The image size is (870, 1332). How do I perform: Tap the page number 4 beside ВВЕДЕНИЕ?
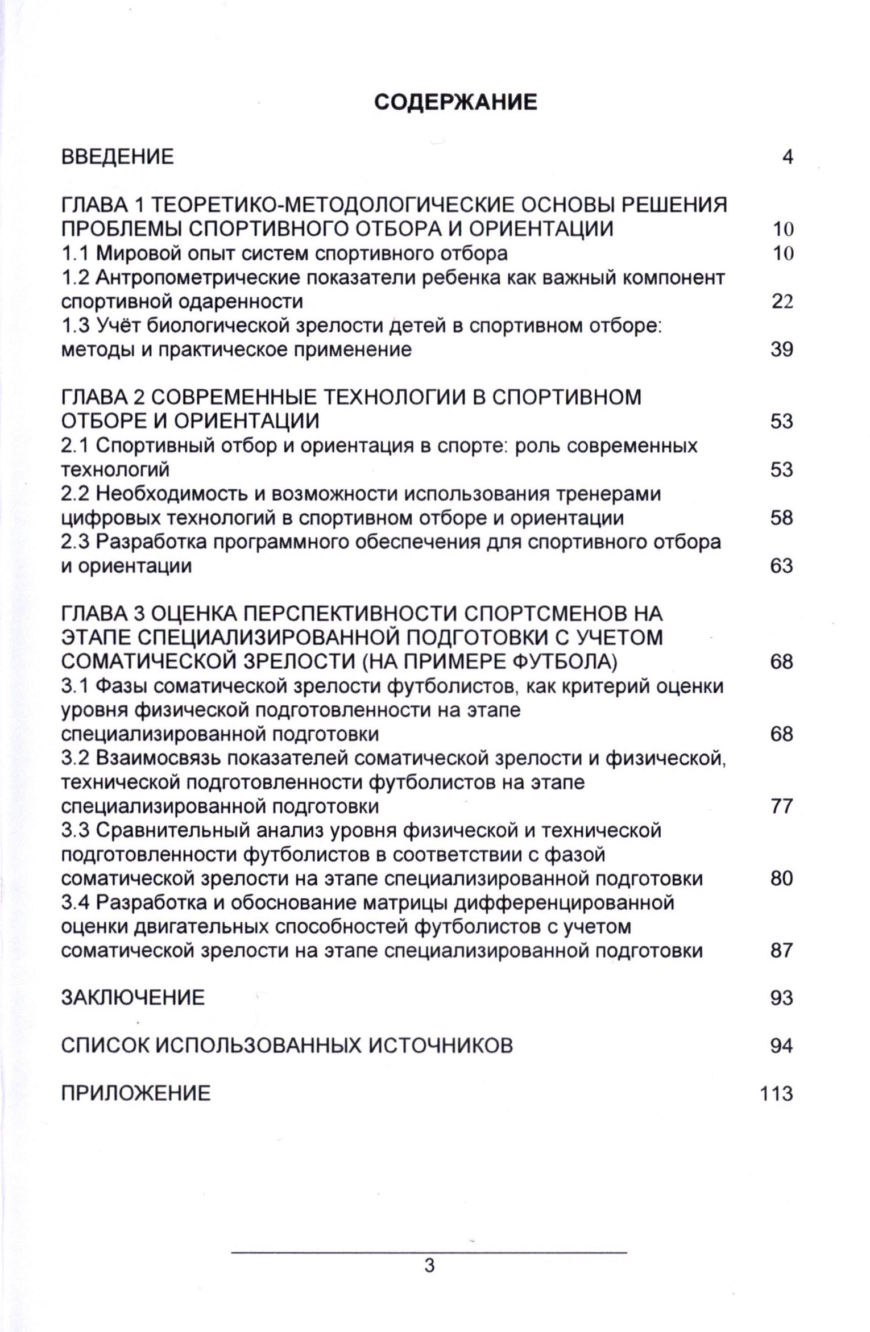coord(787,157)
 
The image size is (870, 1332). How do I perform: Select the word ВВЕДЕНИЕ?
coord(117,157)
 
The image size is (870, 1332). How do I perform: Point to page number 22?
coord(782,302)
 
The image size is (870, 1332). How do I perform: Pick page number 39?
coord(782,349)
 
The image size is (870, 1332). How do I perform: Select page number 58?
coord(782,518)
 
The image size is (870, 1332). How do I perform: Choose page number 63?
coord(782,566)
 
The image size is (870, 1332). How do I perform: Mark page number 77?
coord(782,806)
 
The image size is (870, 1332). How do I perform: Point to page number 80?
coord(782,879)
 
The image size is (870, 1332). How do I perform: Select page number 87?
coord(782,951)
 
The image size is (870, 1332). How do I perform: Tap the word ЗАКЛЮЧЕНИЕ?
coord(132,998)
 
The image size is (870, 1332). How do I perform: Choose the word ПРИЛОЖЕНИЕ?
coord(135,1094)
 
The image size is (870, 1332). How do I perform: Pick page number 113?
coord(776,1094)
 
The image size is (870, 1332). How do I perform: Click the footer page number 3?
coord(429,1266)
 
